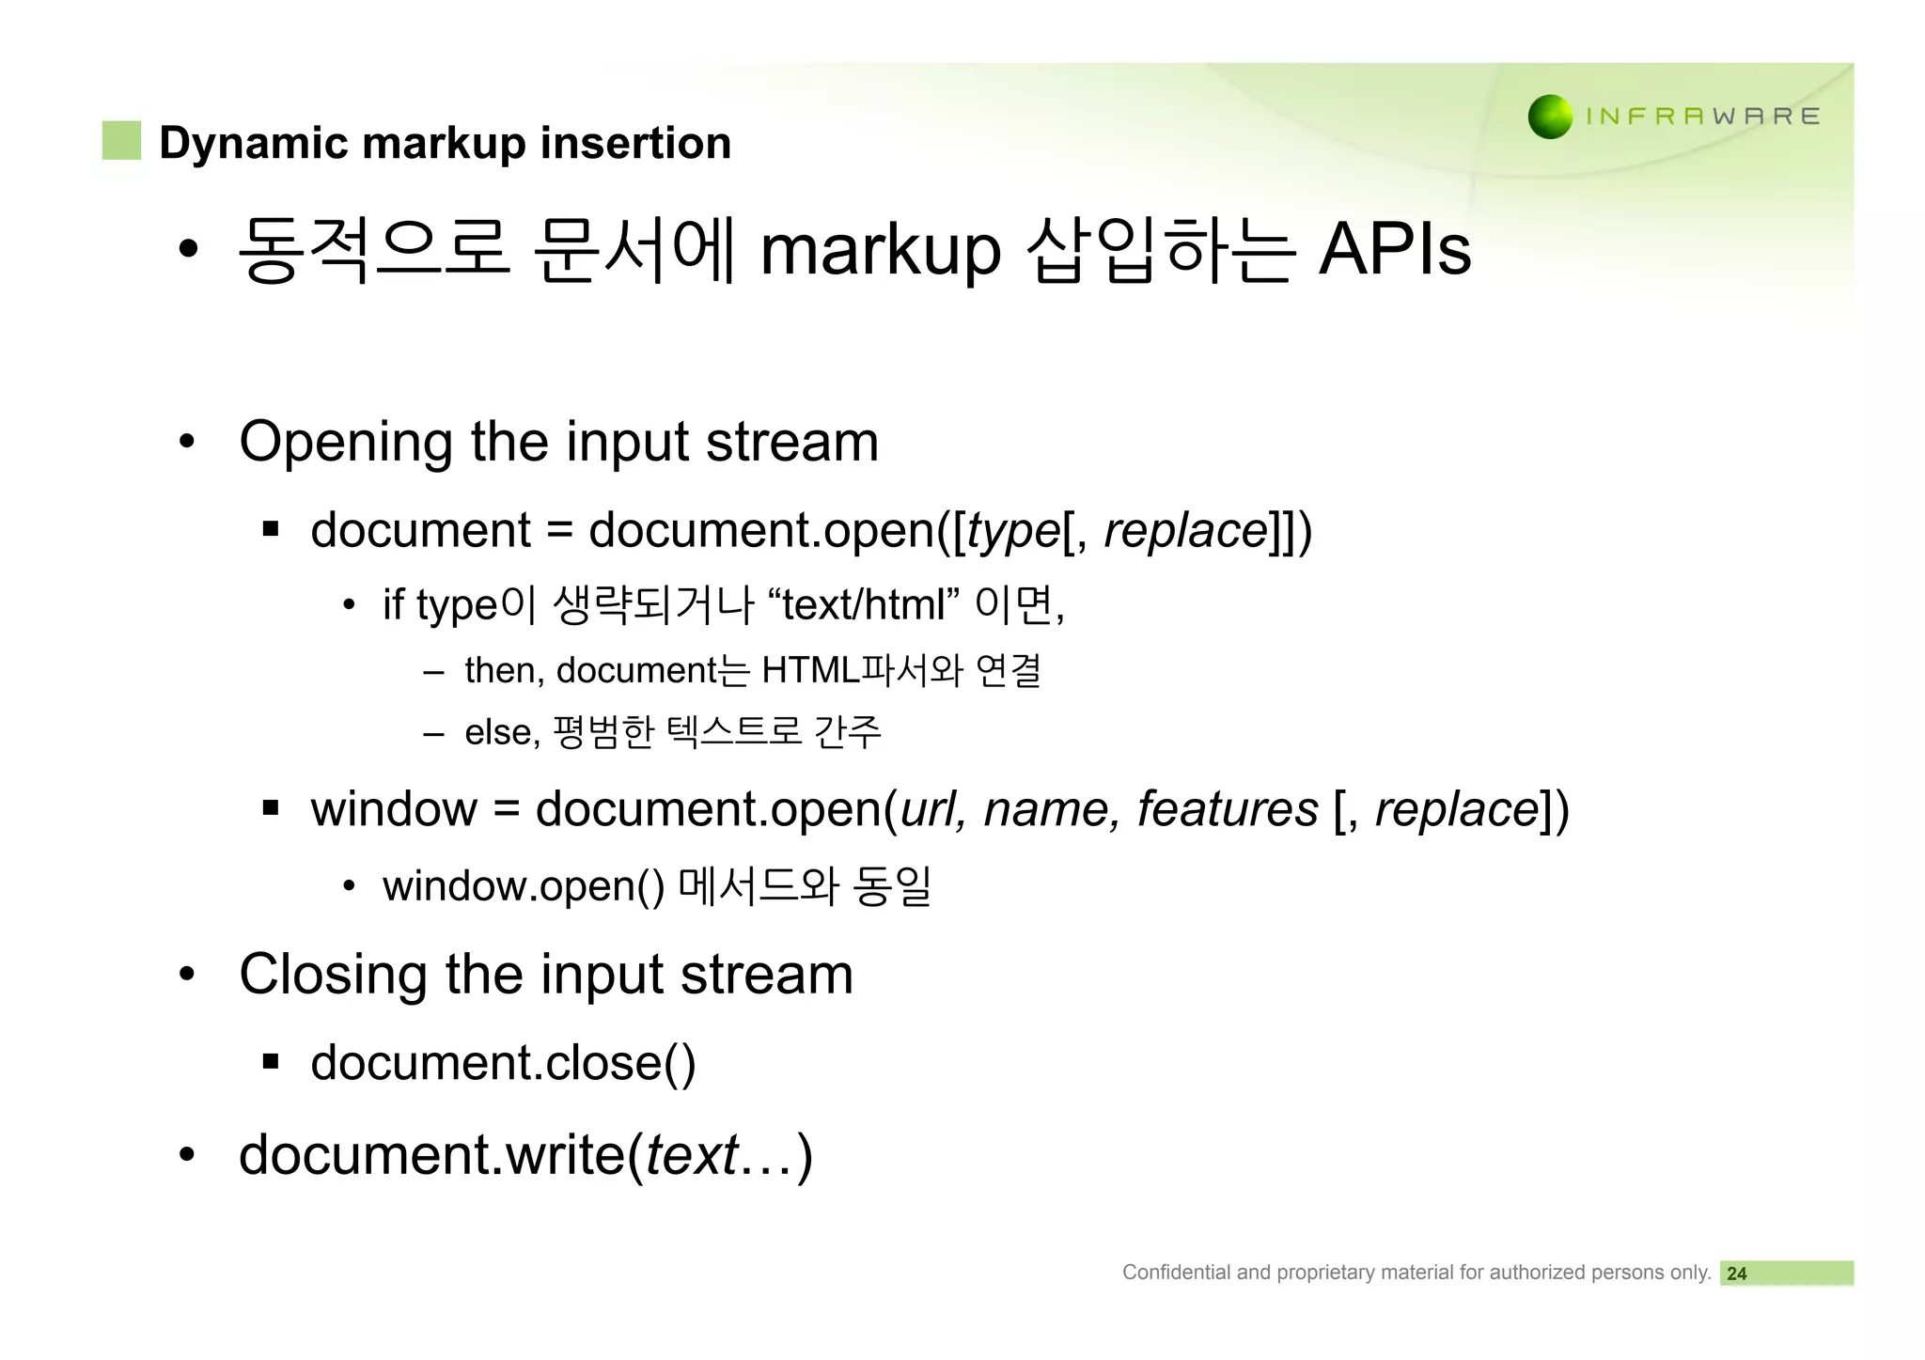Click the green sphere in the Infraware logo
[1550, 117]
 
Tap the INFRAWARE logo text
[1702, 117]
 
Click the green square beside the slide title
[121, 141]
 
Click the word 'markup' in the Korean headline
[880, 252]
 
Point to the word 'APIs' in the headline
[1394, 250]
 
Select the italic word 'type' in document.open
[1012, 531]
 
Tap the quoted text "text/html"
[863, 604]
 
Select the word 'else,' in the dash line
[502, 732]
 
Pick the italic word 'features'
[1228, 809]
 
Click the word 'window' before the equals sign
[394, 809]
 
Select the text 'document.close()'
[503, 1063]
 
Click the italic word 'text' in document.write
[692, 1155]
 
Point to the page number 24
[1736, 1274]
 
